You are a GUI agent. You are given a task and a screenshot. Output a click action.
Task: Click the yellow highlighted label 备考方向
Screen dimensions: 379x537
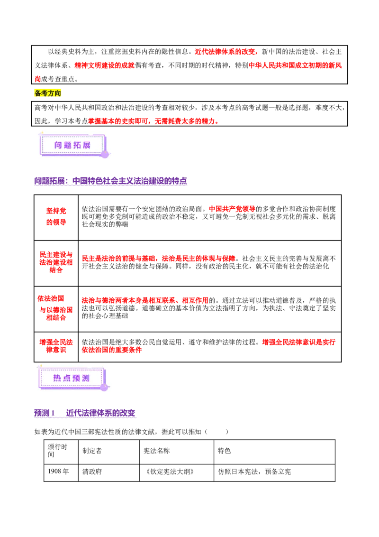click(47, 93)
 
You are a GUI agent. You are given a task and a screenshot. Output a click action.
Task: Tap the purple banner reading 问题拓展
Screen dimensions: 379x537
click(72, 145)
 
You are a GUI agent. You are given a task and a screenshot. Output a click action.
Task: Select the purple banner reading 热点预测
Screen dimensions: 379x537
click(72, 378)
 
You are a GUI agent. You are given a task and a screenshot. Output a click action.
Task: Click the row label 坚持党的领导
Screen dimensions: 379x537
click(56, 216)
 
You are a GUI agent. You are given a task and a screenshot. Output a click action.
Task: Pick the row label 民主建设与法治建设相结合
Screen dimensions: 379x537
click(56, 262)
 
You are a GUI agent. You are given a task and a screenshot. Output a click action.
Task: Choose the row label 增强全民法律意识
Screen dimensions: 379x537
click(56, 346)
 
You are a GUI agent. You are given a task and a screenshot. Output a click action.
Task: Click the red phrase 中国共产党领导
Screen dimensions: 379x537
click(232, 209)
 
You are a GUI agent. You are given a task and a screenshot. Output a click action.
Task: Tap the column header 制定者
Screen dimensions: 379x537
click(92, 451)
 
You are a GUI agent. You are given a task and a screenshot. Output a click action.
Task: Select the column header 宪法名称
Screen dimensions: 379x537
click(156, 451)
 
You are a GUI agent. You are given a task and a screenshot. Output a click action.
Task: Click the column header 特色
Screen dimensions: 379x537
click(224, 451)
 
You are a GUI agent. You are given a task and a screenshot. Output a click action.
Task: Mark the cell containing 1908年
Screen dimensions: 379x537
click(58, 472)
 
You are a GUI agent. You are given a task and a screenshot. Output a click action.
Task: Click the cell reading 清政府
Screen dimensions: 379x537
click(92, 472)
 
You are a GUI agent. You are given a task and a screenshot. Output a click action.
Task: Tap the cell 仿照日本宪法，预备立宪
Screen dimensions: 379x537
click(254, 472)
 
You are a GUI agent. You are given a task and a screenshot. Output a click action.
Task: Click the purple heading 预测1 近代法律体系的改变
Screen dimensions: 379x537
click(85, 413)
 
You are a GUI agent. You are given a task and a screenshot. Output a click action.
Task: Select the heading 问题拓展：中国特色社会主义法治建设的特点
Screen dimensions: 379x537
click(110, 181)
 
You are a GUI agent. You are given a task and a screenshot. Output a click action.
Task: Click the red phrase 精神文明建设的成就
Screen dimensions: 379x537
click(104, 65)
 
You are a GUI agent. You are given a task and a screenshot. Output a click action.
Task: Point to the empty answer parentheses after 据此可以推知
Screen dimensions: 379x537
click(217, 432)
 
